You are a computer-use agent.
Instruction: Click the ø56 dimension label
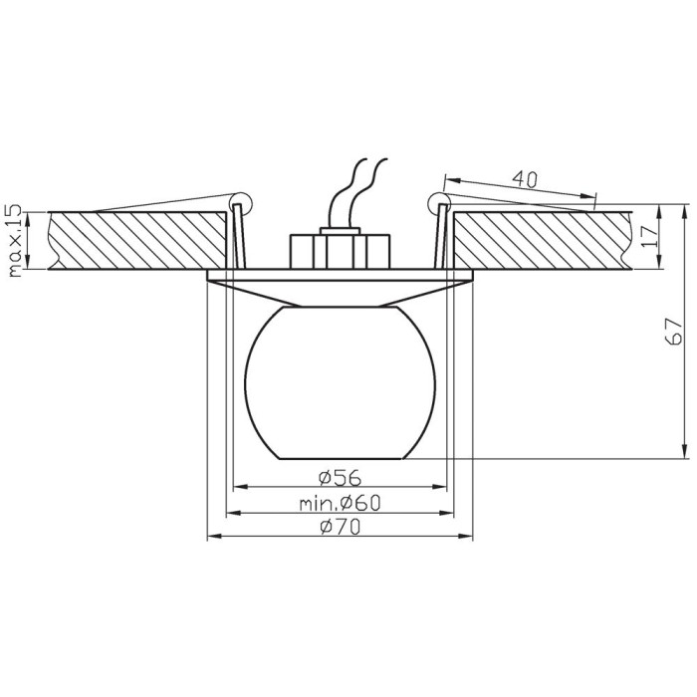point(341,478)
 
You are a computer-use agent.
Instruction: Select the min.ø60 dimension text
point(341,504)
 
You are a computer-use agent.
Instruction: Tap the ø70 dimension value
point(341,527)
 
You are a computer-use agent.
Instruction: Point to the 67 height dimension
point(673,332)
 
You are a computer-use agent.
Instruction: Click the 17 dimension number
point(649,237)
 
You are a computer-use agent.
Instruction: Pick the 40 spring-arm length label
point(525,178)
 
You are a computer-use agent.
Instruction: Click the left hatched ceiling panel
point(137,241)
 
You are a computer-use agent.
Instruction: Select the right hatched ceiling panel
point(543,241)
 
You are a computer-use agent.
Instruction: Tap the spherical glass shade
point(341,382)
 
